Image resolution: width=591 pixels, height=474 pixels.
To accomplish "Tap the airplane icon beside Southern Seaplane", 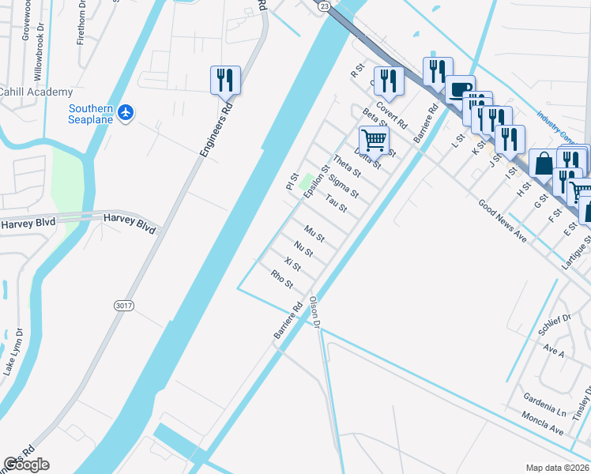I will click(126, 114).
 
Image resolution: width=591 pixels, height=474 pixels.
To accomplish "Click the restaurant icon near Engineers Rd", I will click(225, 80).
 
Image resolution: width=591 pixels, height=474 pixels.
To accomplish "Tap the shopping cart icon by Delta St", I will click(374, 140).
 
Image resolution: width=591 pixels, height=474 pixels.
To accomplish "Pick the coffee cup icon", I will click(459, 88).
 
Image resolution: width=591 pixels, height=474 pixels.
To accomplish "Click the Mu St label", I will click(314, 235).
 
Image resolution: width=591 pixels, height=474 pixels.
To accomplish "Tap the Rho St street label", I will click(282, 279).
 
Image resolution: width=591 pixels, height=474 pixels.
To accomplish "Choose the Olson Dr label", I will click(314, 312).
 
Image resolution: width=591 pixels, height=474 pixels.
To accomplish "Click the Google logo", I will click(25, 465).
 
